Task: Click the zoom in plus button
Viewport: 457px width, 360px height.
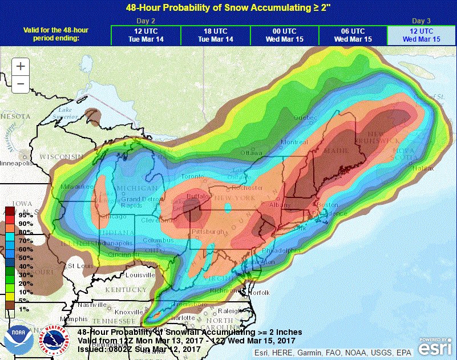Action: [x=21, y=66]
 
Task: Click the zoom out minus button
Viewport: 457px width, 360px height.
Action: [x=21, y=83]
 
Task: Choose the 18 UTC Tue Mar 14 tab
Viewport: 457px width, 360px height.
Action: [x=215, y=35]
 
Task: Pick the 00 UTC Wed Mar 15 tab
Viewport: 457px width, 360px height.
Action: [x=284, y=35]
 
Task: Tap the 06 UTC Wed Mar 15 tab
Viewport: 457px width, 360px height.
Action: [x=353, y=35]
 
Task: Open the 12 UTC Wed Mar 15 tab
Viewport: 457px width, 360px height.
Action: [x=422, y=35]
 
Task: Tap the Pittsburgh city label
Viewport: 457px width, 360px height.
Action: [x=208, y=232]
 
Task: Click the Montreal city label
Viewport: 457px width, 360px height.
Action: [x=294, y=141]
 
